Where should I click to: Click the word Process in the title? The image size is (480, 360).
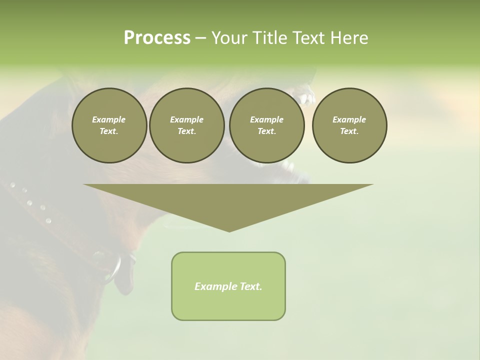(157, 38)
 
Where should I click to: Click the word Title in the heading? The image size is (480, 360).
(267, 38)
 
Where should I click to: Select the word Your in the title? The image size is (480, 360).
(229, 38)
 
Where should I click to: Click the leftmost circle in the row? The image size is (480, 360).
(109, 125)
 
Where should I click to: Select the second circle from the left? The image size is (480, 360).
(186, 125)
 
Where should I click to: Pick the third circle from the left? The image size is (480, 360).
(266, 125)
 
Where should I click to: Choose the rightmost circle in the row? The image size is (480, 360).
(349, 125)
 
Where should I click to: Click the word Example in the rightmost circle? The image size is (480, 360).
(349, 119)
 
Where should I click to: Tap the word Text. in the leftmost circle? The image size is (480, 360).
(109, 131)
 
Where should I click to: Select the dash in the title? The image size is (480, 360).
(200, 38)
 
